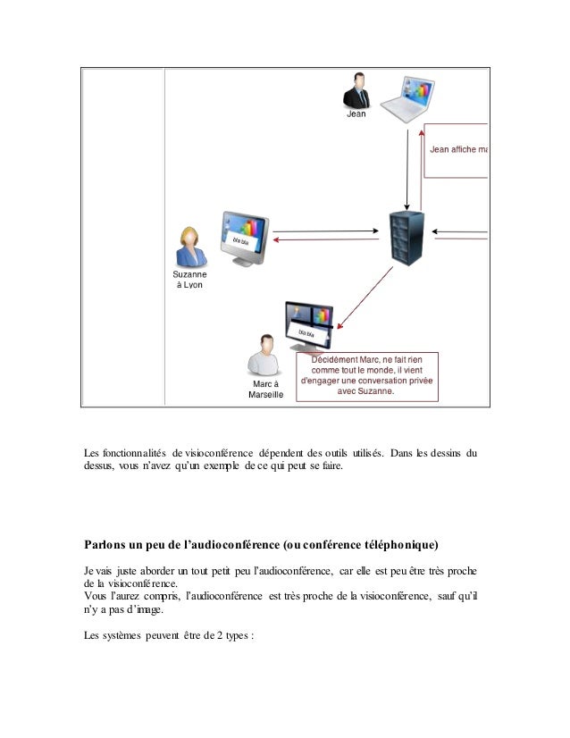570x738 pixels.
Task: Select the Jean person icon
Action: click(x=357, y=91)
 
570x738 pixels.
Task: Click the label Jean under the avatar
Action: click(x=356, y=114)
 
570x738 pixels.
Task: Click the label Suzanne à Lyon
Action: click(x=189, y=279)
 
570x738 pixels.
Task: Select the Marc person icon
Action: click(x=264, y=355)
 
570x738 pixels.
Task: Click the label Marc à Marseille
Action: click(x=264, y=389)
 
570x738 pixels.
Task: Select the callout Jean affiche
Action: click(x=457, y=149)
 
